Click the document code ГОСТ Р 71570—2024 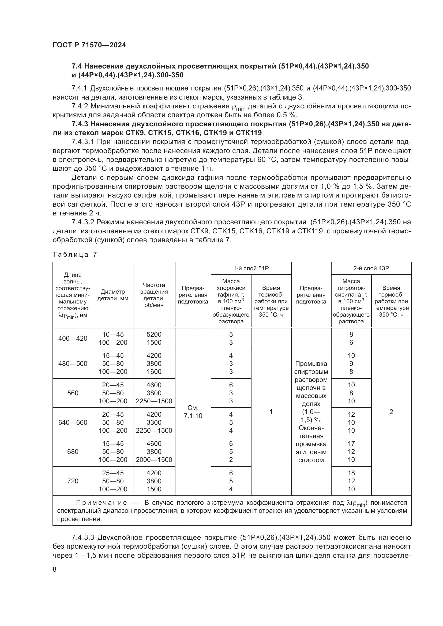tap(89, 45)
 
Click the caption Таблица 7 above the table tap(75, 255)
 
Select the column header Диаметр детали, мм tap(113, 295)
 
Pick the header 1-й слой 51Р tap(251, 268)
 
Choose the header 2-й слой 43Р tap(371, 268)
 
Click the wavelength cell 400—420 tap(73, 338)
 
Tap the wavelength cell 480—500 tap(73, 363)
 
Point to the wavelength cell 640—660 tap(73, 422)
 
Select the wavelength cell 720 tap(73, 481)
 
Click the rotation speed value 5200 tap(154, 334)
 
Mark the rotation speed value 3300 tap(154, 422)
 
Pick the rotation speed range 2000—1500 tap(154, 460)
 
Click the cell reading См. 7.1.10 tap(193, 412)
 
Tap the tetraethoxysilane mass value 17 tap(351, 443)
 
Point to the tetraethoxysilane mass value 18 tap(351, 473)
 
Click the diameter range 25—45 tap(113, 473)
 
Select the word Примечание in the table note tap(102, 503)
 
